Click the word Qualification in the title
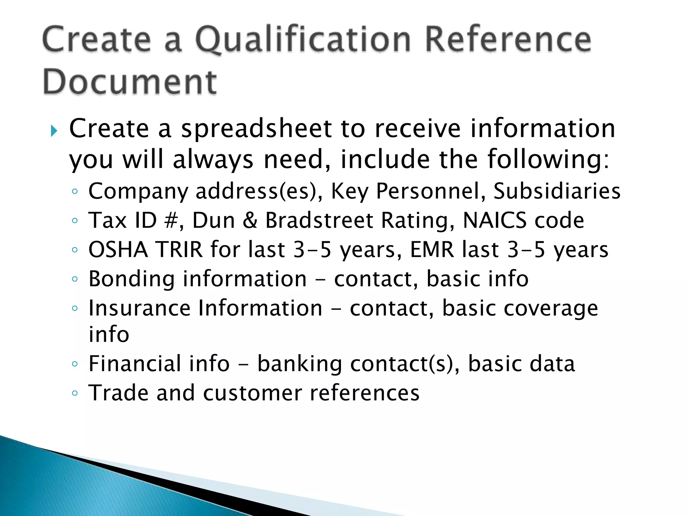(x=302, y=40)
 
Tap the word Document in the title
(x=130, y=82)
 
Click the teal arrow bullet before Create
(x=54, y=131)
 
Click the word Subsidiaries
(x=557, y=191)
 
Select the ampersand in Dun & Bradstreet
(x=250, y=221)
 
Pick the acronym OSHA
(x=118, y=250)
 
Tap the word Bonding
(x=131, y=279)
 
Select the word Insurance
(x=139, y=308)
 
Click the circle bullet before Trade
(x=75, y=393)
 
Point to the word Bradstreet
(x=319, y=221)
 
